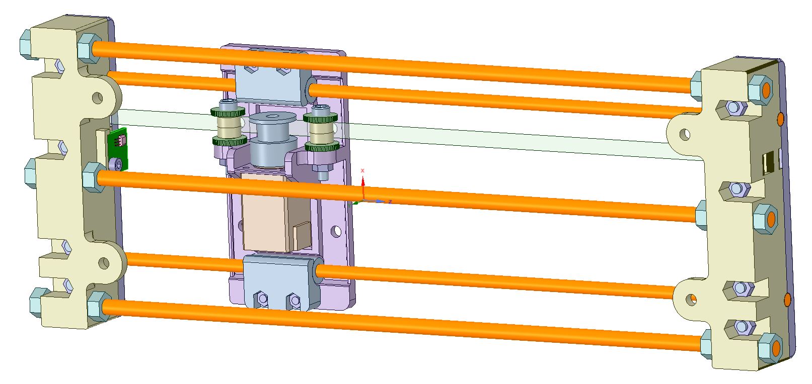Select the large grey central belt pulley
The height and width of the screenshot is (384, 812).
tap(273, 139)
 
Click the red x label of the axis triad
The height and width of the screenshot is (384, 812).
tap(362, 170)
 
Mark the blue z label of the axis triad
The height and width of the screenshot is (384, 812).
tap(390, 202)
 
